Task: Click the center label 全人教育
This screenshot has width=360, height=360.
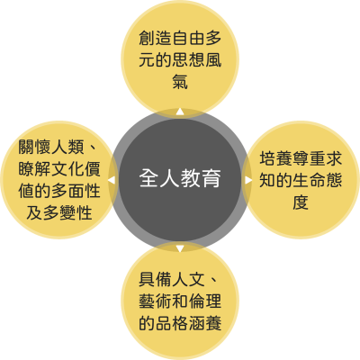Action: coord(180,178)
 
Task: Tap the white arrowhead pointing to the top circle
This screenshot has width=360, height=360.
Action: coord(180,112)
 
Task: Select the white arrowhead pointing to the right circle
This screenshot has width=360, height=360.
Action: coord(248,180)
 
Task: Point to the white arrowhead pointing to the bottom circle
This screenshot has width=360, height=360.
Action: coord(180,248)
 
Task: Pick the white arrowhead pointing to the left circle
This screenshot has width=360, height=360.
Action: coord(112,180)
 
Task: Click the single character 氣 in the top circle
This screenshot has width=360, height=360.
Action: coord(180,81)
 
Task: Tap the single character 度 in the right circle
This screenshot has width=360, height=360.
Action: coord(301,202)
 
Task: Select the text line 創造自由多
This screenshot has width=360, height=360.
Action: coord(180,38)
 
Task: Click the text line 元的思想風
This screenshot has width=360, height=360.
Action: coord(180,59)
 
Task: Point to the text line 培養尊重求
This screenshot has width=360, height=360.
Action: coord(301,158)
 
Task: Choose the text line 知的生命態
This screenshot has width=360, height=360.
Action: coord(301,180)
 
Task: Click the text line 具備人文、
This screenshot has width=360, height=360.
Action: coord(179,280)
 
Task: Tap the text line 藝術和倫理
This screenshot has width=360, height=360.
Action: coord(180,301)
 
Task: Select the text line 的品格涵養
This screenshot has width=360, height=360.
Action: coord(180,323)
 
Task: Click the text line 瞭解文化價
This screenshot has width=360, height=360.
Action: coord(59,169)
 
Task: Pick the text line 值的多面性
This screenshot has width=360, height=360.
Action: coord(59,191)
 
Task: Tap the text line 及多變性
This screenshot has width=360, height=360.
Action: coord(59,212)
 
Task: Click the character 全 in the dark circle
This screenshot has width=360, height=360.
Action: coord(149,178)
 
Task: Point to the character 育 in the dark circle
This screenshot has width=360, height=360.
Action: coord(211,178)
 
